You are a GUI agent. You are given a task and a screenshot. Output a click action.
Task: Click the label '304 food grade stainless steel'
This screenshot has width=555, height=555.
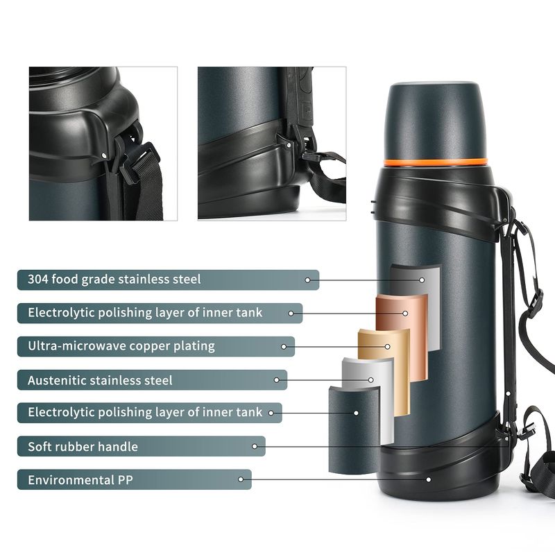pyautogui.click(x=114, y=280)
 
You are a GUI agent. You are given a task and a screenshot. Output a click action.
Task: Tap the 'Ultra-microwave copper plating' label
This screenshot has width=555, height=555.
pyautogui.click(x=121, y=346)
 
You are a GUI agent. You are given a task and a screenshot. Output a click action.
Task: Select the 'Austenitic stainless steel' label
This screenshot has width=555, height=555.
pyautogui.click(x=100, y=380)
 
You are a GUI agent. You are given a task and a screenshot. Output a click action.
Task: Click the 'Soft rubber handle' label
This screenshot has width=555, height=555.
pyautogui.click(x=83, y=447)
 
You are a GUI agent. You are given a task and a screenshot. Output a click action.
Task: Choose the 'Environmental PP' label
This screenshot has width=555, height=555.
pyautogui.click(x=80, y=480)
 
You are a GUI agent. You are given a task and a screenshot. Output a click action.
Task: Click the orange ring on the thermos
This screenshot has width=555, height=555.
pyautogui.click(x=436, y=162)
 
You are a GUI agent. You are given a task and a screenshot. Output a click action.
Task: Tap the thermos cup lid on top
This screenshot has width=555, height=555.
pyautogui.click(x=436, y=122)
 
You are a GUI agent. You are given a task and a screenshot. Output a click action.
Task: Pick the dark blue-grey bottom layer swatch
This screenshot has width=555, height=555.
pyautogui.click(x=355, y=429)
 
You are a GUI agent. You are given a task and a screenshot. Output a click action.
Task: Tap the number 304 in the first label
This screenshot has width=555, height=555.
pyautogui.click(x=38, y=280)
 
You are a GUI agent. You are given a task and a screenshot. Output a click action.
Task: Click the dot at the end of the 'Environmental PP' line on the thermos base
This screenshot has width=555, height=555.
pyautogui.click(x=429, y=479)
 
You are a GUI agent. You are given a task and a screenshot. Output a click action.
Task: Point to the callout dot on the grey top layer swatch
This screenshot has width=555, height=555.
pyautogui.click(x=422, y=280)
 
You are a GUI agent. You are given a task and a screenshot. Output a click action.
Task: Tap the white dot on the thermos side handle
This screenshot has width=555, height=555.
pyautogui.click(x=508, y=393)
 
